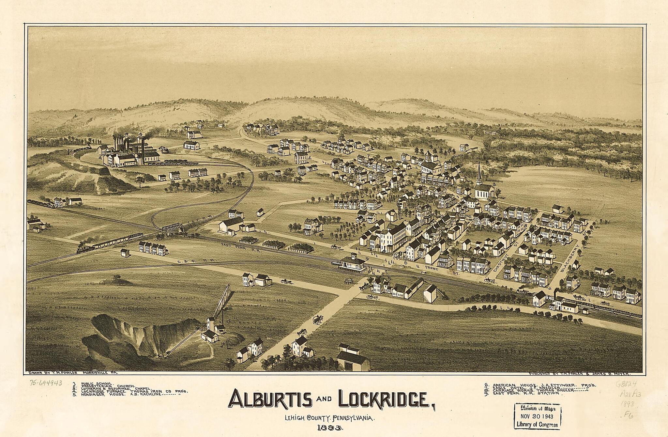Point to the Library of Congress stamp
pyautogui.click(x=537, y=415)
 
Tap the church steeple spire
pyautogui.click(x=479, y=173)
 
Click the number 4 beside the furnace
pyautogui.click(x=100, y=157)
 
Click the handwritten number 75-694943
pyautogui.click(x=46, y=383)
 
